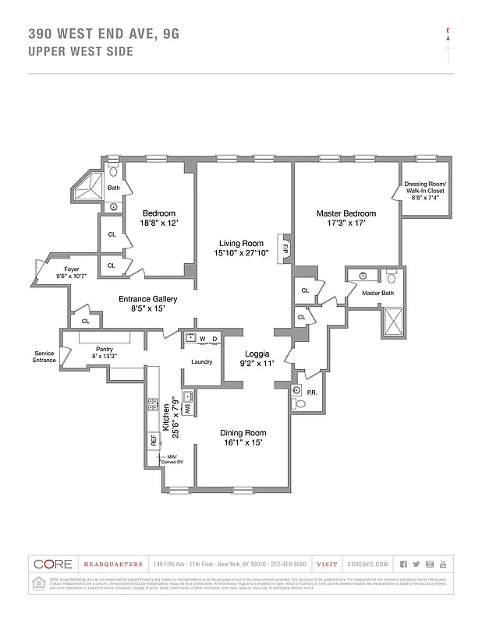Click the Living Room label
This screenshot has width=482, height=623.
[x=241, y=244]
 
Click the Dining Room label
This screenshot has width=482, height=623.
[x=243, y=433]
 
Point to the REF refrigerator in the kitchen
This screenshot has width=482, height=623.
[x=154, y=439]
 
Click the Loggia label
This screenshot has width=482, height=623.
[x=257, y=354]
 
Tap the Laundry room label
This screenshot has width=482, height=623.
[x=202, y=361]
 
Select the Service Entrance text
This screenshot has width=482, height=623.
[x=44, y=357]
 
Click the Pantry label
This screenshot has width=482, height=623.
[x=105, y=349]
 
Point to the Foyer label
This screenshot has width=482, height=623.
[x=61, y=267]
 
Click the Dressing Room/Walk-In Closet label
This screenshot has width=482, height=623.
[x=424, y=188]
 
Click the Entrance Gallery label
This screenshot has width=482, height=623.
[x=147, y=299]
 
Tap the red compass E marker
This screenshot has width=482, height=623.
[x=448, y=31]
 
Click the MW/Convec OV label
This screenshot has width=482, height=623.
[x=172, y=459]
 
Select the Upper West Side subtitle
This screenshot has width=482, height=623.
[x=80, y=51]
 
